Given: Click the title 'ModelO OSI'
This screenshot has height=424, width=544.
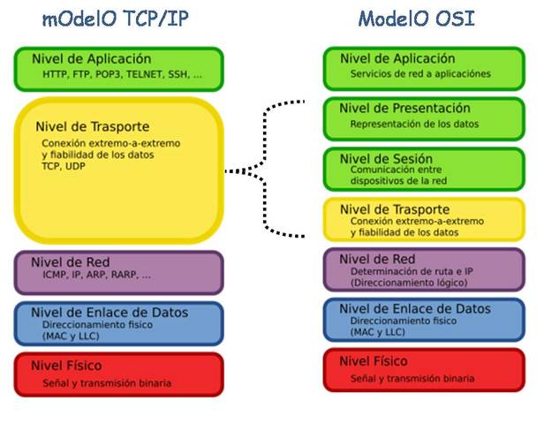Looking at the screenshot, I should (416, 19).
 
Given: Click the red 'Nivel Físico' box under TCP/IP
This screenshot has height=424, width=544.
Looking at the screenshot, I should (118, 374).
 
